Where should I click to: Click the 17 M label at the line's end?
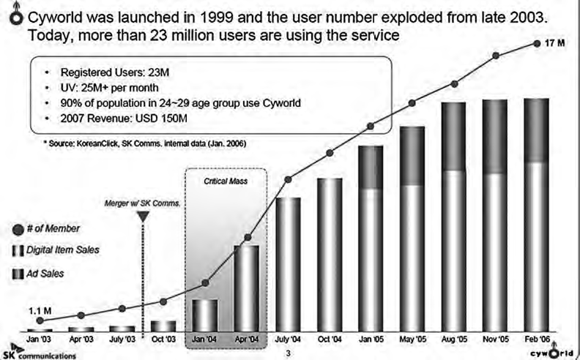click(556, 43)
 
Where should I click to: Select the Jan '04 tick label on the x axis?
click(204, 340)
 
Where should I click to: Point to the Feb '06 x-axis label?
click(538, 340)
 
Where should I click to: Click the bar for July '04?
click(288, 263)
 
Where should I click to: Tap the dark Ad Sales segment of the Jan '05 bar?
click(371, 167)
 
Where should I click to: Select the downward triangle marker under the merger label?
click(144, 216)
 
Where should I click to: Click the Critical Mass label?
click(226, 179)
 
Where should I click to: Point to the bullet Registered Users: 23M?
click(106, 73)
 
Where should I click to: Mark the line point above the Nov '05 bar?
click(496, 55)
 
